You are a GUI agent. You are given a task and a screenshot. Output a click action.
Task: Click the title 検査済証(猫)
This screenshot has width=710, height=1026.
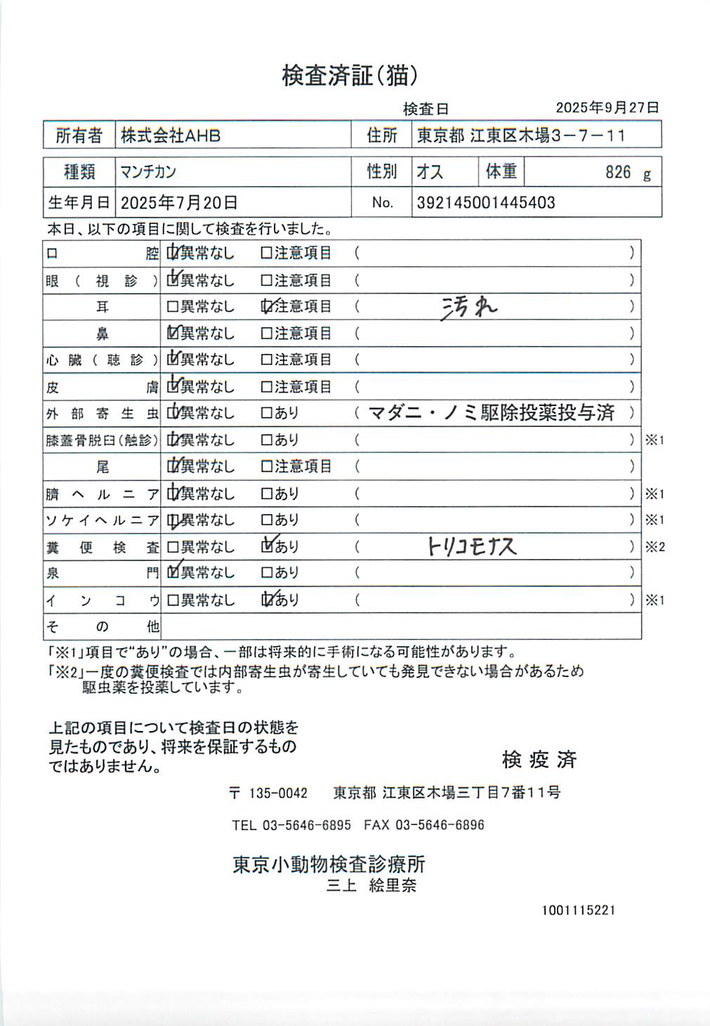(350, 75)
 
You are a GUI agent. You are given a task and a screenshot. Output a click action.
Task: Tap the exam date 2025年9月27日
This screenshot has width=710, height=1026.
(607, 107)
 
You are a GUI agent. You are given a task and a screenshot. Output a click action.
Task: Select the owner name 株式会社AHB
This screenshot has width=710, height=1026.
(171, 136)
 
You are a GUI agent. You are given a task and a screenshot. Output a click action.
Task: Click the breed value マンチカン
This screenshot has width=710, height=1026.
(148, 172)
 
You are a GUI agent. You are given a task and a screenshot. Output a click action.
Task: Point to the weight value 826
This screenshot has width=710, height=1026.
(618, 172)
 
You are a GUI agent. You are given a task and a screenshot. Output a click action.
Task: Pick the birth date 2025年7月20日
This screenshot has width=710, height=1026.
(179, 203)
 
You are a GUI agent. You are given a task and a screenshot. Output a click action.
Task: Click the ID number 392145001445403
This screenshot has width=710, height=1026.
(486, 203)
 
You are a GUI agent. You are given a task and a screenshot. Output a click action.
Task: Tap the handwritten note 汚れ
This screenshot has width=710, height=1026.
(469, 307)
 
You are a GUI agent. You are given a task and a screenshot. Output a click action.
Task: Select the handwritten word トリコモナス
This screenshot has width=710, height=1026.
(472, 546)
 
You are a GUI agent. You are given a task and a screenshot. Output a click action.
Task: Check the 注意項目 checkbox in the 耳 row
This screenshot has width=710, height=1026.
(266, 307)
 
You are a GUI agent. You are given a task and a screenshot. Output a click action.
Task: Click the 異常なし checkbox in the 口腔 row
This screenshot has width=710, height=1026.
(173, 253)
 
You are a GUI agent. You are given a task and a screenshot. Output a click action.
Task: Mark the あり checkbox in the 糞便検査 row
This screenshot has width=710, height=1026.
(266, 546)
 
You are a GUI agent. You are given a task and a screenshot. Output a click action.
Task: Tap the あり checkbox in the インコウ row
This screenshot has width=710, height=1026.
(266, 600)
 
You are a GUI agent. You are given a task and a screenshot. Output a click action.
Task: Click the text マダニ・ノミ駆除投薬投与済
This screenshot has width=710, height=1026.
(491, 413)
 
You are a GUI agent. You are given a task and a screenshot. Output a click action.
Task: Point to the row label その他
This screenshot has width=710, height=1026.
(103, 626)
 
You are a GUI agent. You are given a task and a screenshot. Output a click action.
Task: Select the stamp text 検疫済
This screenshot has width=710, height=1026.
(539, 759)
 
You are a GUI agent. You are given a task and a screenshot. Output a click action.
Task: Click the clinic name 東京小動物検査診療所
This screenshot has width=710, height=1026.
(329, 864)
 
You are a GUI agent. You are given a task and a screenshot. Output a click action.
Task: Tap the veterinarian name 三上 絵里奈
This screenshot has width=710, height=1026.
(372, 886)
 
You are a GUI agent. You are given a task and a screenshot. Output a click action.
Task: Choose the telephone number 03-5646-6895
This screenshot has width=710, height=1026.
(306, 825)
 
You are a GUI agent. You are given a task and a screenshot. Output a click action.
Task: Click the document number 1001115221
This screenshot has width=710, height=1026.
(578, 910)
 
